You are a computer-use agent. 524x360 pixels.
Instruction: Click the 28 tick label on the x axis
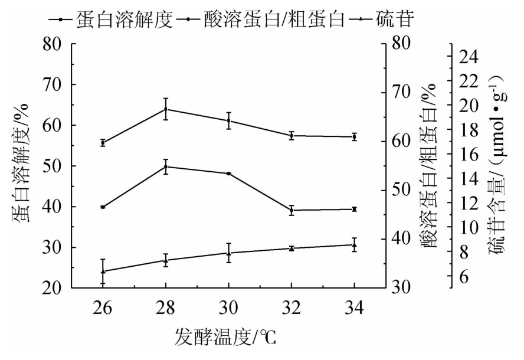pyautogui.click(x=165, y=307)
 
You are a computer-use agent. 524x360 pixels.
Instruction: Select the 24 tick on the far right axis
pyautogui.click(x=466, y=57)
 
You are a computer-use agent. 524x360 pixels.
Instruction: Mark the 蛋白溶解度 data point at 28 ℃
pyautogui.click(x=165, y=109)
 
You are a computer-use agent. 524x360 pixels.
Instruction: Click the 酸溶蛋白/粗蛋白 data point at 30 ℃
pyautogui.click(x=228, y=174)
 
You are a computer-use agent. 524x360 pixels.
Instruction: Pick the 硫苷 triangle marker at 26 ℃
pyautogui.click(x=103, y=271)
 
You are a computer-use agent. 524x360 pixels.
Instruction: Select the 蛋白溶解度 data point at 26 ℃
pyautogui.click(x=103, y=143)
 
